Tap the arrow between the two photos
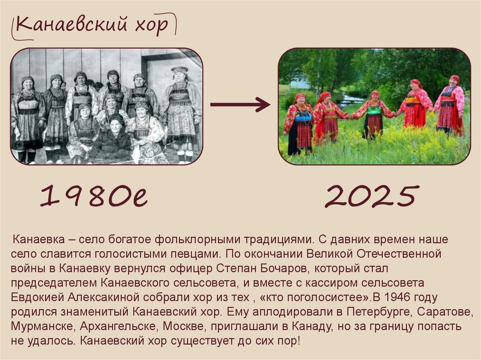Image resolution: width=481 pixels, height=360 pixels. pyautogui.click(x=240, y=104)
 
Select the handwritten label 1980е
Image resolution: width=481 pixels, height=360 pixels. pyautogui.click(x=94, y=196)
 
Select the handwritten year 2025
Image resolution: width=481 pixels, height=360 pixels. pyautogui.click(x=371, y=196)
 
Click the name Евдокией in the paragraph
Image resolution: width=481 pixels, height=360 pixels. pyautogui.click(x=38, y=297)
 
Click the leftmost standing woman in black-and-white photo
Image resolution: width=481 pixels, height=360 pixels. pyautogui.click(x=27, y=117)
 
